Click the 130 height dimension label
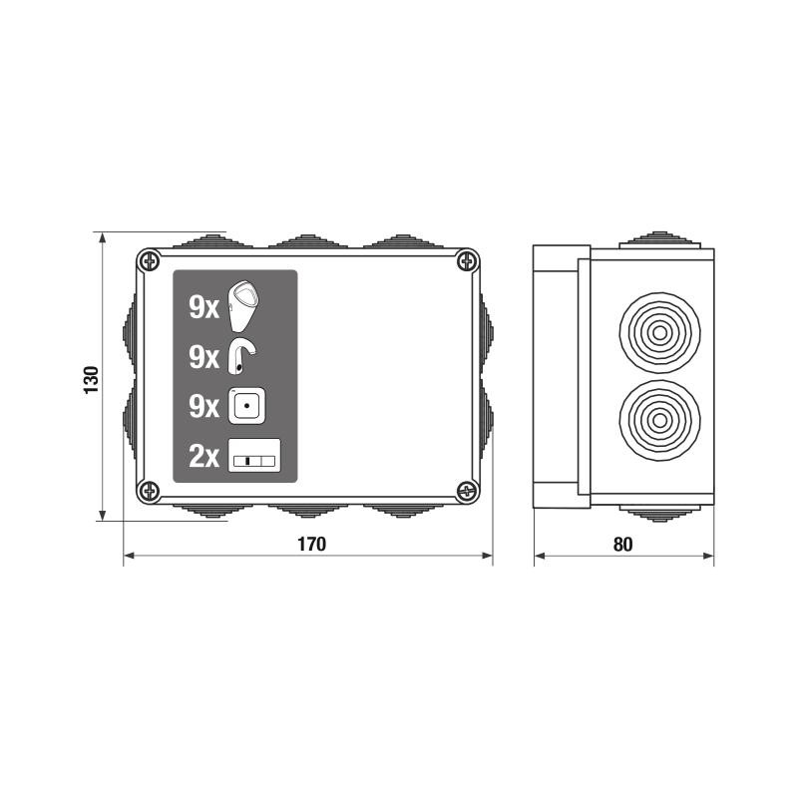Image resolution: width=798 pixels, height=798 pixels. click(91, 380)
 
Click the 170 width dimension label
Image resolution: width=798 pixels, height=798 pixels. click(311, 544)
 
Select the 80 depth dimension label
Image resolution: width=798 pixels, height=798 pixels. click(622, 545)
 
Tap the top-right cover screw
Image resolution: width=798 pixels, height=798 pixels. click(466, 261)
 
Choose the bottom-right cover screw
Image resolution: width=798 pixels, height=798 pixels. click(466, 491)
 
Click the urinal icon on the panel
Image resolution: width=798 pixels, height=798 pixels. click(243, 305)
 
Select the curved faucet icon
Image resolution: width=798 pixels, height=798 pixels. click(241, 356)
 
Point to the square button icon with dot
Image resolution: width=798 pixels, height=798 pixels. click(246, 406)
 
